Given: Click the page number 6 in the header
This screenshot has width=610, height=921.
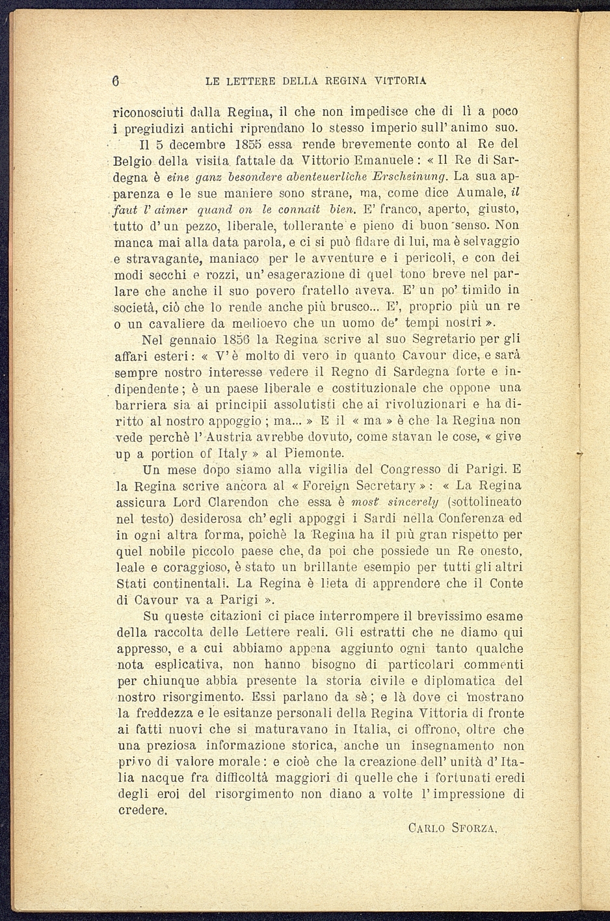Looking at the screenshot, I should [115, 81].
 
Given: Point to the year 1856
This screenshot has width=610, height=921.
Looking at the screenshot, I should [235, 339].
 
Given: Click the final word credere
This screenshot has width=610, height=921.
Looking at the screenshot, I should [141, 811].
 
